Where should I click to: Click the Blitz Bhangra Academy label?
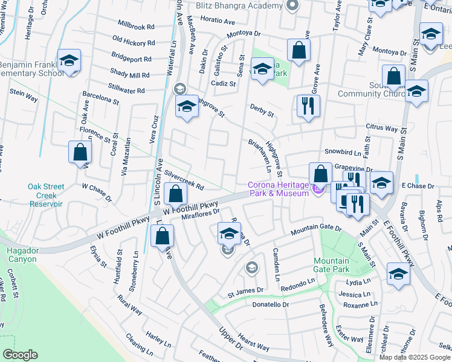tap(239, 5)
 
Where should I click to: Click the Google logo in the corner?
tap(20, 355)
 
